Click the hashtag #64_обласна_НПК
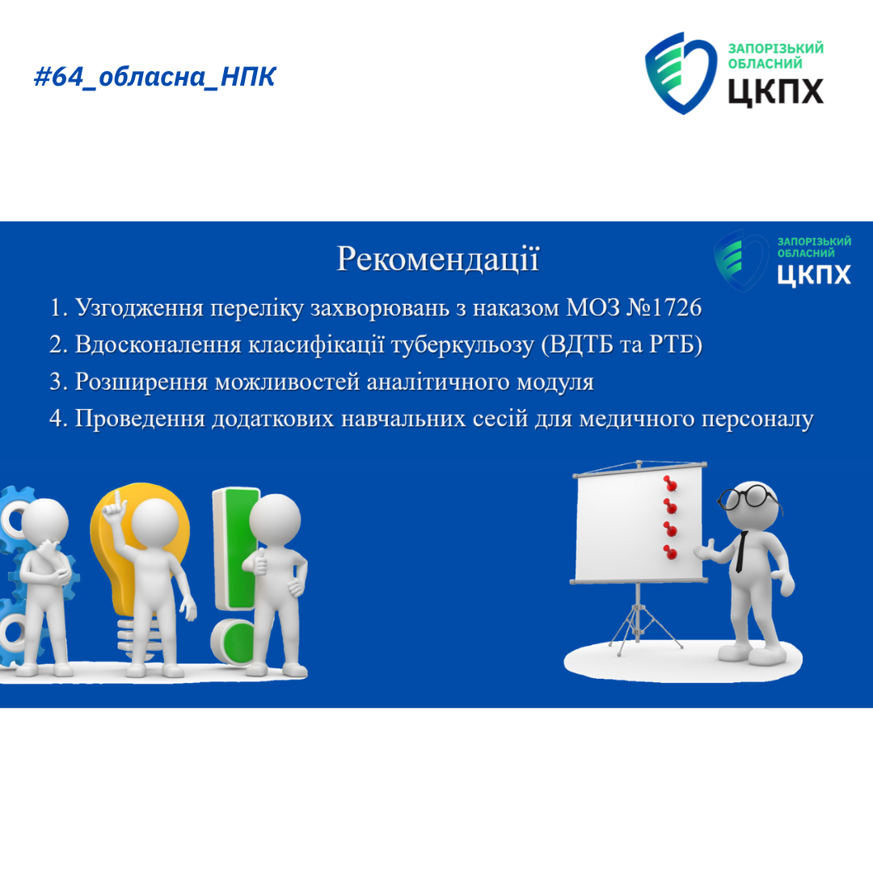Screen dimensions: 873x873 (154, 76)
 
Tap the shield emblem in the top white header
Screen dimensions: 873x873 (681, 73)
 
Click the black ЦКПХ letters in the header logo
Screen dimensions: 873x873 (775, 91)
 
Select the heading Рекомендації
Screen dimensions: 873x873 (437, 259)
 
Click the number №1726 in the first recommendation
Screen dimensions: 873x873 (664, 307)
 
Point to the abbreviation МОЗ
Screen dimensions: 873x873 (593, 307)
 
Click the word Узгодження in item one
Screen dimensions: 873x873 (139, 308)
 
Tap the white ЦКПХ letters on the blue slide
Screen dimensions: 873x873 (814, 275)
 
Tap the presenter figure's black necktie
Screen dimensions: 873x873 (741, 551)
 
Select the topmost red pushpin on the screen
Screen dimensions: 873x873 (670, 483)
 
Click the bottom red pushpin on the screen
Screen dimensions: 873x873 (670, 551)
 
